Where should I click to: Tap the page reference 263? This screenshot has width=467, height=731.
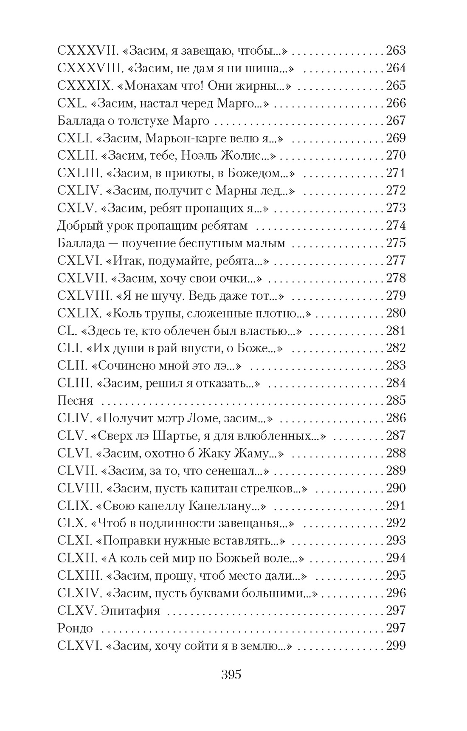point(396,51)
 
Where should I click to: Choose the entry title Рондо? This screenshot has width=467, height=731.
point(75,628)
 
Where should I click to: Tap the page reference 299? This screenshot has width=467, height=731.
point(396,646)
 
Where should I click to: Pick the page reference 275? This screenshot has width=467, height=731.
point(396,243)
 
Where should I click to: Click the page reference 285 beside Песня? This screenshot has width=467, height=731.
point(396,401)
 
